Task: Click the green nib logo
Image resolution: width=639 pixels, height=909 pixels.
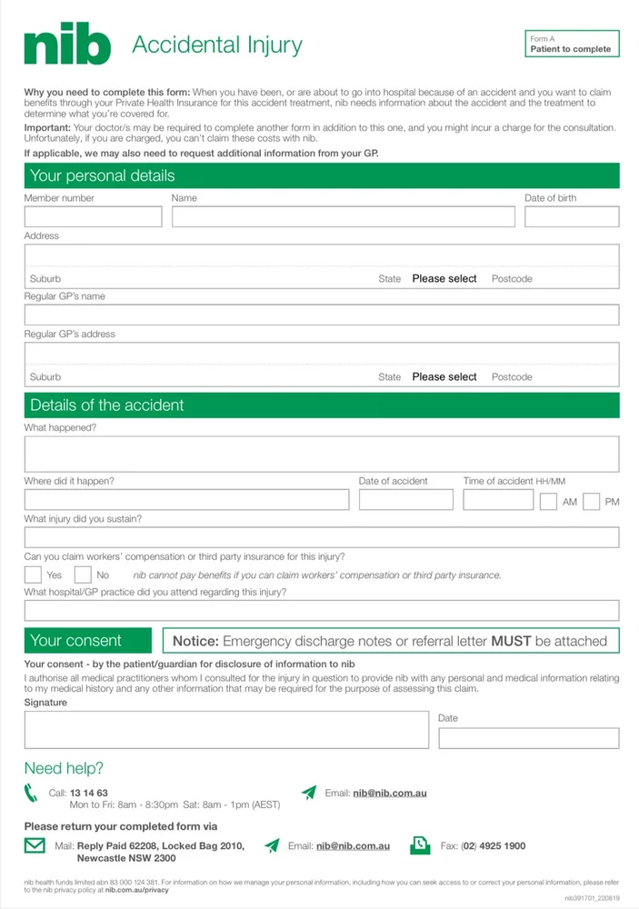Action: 67,45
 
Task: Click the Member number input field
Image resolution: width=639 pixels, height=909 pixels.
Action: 93,216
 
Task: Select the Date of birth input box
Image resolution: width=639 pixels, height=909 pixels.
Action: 571,216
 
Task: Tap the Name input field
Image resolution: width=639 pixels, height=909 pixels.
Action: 343,216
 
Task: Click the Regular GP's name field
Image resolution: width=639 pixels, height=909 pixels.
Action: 321,315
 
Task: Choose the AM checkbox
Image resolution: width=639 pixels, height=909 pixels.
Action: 548,502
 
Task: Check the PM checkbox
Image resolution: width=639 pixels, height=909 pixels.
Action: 591,502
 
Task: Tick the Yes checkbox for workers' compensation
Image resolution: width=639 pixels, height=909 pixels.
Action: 33,574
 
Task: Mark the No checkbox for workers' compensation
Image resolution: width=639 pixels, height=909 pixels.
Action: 83,574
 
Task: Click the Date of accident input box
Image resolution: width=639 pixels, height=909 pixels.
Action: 405,499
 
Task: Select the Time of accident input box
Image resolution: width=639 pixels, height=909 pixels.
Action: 498,499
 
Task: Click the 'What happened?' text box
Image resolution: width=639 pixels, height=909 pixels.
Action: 321,454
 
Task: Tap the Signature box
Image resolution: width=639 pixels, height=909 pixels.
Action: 226,729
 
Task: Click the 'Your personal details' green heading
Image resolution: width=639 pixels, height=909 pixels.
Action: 321,175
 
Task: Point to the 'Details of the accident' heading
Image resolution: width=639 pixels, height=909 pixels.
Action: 321,405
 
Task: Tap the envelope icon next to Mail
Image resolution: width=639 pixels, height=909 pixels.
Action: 35,845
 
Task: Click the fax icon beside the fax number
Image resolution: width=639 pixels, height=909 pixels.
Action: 420,845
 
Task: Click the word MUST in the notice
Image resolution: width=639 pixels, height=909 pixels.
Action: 511,641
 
